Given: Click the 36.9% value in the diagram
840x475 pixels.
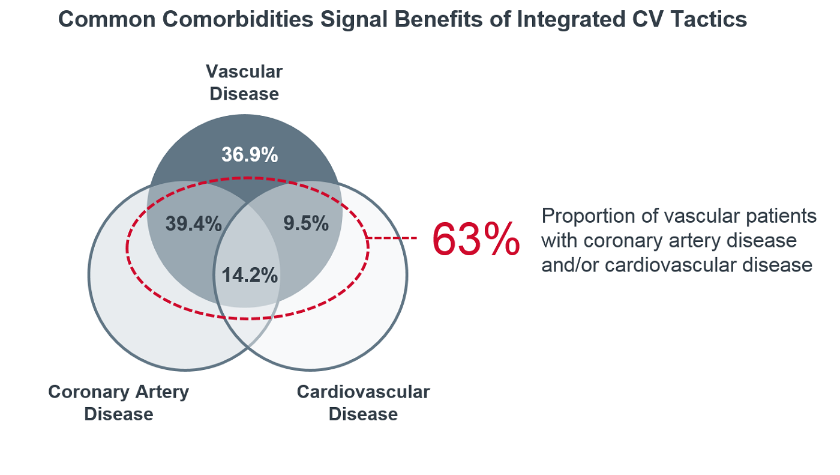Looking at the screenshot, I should pos(250,155).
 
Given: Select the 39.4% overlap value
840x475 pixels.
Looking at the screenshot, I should pos(193,224).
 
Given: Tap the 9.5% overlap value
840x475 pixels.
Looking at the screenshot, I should pos(306,223).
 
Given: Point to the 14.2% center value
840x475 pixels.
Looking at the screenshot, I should pos(250,275).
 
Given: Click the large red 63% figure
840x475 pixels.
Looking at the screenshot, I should pos(475,240).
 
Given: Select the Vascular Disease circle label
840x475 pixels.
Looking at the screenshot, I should pos(244,83).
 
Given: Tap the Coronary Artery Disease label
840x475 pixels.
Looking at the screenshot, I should pos(119,403).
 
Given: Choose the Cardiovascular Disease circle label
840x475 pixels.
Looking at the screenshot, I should pos(363,403).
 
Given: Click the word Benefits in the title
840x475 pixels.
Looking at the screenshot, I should pos(427,20).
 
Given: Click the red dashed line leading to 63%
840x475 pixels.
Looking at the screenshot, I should pos(392,238).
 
